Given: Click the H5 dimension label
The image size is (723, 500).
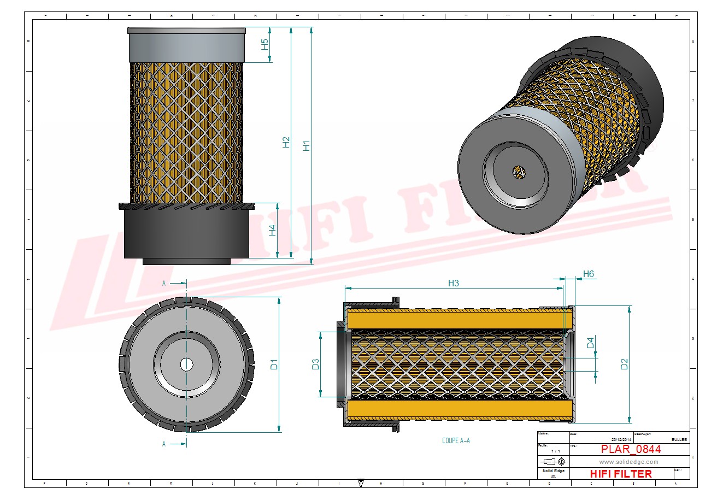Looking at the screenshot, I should click(265, 45).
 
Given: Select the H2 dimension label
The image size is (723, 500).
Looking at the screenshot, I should click(286, 142).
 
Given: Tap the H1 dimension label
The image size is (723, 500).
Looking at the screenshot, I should click(307, 146).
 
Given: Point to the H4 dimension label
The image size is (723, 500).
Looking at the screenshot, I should click(272, 231).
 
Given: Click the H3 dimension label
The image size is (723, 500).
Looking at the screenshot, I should click(453, 283).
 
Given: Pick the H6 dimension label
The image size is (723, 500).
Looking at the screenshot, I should click(588, 274).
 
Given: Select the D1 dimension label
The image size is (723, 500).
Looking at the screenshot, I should click(274, 364).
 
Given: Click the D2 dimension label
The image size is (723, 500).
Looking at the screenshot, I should click(624, 364).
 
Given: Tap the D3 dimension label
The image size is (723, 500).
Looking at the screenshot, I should click(315, 364).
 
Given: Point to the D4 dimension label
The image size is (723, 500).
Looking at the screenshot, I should click(590, 343).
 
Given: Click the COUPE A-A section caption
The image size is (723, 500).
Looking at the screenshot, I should click(456, 440).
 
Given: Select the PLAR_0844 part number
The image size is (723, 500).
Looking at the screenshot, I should click(631, 449).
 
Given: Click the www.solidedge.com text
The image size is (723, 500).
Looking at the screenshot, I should click(628, 462).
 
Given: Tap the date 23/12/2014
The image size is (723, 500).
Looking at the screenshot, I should click(621, 439).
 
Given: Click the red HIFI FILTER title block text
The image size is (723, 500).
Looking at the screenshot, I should click(621, 474).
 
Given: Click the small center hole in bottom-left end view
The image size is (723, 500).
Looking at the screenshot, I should click(186, 364).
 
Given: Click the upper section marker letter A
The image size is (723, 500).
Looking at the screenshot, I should click(164, 283).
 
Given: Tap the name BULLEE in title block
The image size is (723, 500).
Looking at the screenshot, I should click(679, 439).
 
